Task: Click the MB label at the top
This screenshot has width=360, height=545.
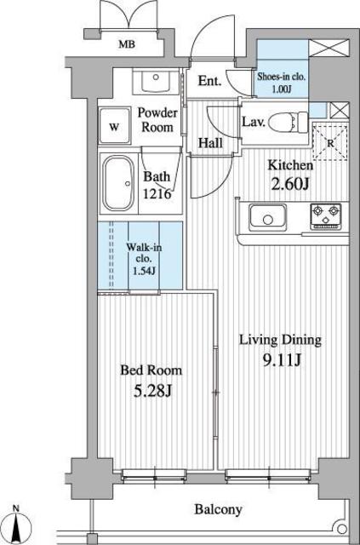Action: click(x=125, y=44)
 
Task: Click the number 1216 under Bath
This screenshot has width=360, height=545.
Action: click(x=157, y=193)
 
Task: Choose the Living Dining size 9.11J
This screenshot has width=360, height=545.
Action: click(x=280, y=358)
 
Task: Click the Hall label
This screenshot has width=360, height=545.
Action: click(x=211, y=143)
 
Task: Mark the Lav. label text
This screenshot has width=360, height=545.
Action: click(x=253, y=122)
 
